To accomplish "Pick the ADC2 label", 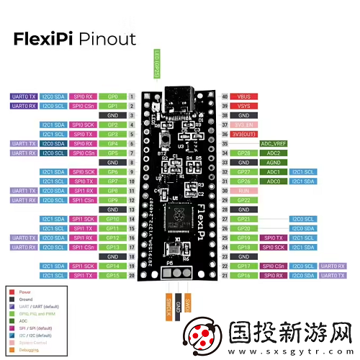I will tap(274, 153).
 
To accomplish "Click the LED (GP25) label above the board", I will tap(157, 63).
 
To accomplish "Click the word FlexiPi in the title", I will tap(44, 38).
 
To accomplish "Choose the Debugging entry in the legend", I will tap(33, 348).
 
